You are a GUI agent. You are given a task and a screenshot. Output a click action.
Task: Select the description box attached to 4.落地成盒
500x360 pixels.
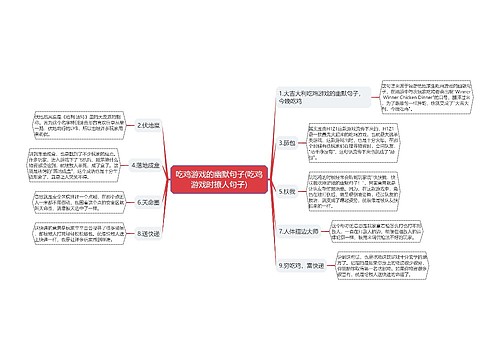point(72,165)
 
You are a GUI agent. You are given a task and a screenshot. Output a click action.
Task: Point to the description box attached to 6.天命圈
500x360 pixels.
point(71,203)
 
